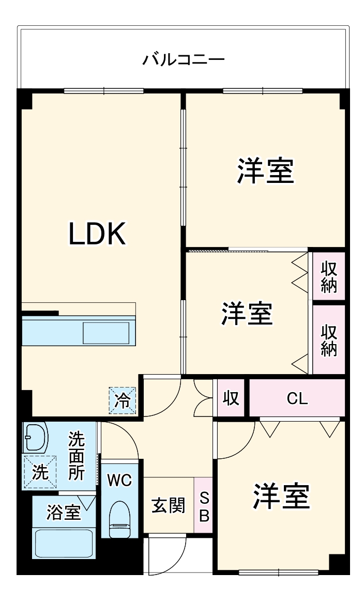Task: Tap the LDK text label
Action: pyautogui.click(x=97, y=234)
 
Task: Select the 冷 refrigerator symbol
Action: pyautogui.click(x=123, y=400)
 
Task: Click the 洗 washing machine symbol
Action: pyautogui.click(x=39, y=472)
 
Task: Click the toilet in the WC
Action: pyautogui.click(x=120, y=519)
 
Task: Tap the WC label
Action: pyautogui.click(x=119, y=480)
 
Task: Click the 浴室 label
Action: pyautogui.click(x=63, y=513)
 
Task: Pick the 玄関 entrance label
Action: pyautogui.click(x=168, y=505)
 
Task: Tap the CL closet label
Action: pyautogui.click(x=297, y=398)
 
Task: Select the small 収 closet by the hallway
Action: pyautogui.click(x=231, y=398)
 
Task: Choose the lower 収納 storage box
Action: pyautogui.click(x=329, y=339)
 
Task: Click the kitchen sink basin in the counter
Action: pyautogui.click(x=106, y=333)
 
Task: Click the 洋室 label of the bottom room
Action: pyautogui.click(x=281, y=497)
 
